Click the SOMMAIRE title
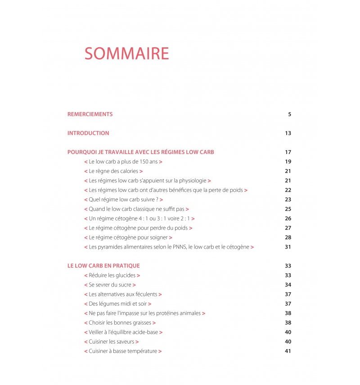point(126,54)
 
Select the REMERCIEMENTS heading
point(90,114)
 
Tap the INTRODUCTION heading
point(88,133)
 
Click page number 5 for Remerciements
point(289,114)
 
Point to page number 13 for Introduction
point(288,133)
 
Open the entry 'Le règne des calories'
point(113,171)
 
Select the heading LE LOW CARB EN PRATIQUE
point(103,266)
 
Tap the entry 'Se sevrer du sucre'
point(110,285)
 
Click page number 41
point(288,351)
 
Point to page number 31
point(288,247)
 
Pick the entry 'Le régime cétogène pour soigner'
point(128,238)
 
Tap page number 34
point(288,285)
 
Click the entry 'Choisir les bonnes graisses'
point(120,323)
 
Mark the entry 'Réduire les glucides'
point(112,276)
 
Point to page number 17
point(288,152)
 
